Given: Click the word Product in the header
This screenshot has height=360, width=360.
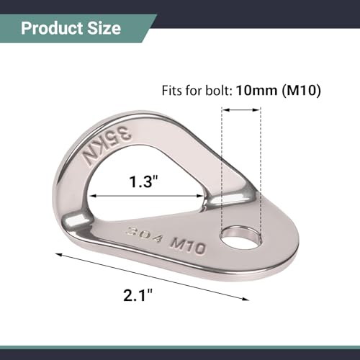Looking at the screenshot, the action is [x=52, y=28].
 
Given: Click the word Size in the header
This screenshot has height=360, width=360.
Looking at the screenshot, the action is [x=104, y=28].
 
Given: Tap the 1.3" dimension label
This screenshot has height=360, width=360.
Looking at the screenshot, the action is [x=143, y=181].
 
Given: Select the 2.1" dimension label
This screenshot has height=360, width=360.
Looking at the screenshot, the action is [x=138, y=294].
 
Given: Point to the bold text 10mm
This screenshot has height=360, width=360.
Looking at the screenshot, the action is [x=257, y=91].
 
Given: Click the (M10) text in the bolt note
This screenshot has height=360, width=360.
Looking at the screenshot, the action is [x=301, y=91].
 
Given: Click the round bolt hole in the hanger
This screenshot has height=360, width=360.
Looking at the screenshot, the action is [x=241, y=237].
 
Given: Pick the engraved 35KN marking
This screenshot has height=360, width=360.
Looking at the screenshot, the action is [x=107, y=145].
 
